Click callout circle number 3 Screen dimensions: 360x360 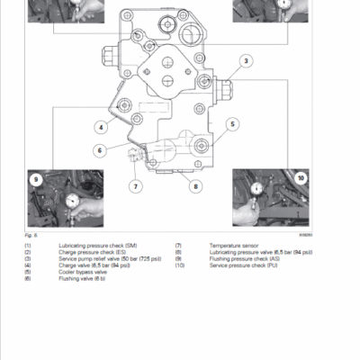pyautogui.click(x=244, y=61)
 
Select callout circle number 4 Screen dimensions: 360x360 pyautogui.click(x=102, y=128)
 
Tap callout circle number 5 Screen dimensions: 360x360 pyautogui.click(x=231, y=124)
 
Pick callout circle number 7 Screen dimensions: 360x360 pyautogui.click(x=137, y=186)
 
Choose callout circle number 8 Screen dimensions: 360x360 pyautogui.click(x=193, y=186)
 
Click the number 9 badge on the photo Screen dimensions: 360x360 pyautogui.click(x=37, y=180)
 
